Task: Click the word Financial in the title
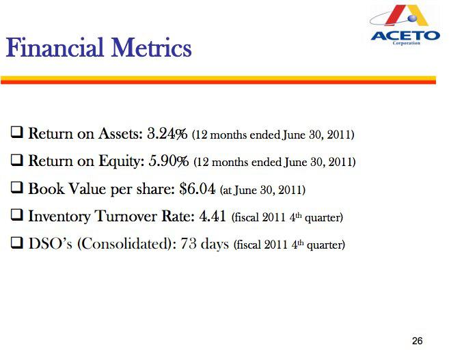click(x=55, y=48)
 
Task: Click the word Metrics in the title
click(x=152, y=48)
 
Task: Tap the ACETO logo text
click(x=405, y=36)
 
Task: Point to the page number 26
click(x=417, y=341)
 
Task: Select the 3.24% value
click(x=167, y=134)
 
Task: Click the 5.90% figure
click(x=169, y=161)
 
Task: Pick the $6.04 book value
click(x=198, y=189)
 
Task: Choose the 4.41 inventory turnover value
click(x=213, y=216)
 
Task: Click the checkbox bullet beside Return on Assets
click(x=17, y=133)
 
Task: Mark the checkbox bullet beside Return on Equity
click(x=17, y=161)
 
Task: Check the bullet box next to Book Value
click(x=17, y=188)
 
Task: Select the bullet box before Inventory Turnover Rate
click(x=17, y=215)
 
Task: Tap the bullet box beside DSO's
click(x=17, y=243)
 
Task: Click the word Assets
click(x=120, y=134)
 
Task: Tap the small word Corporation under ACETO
click(x=407, y=43)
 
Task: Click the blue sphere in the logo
click(x=412, y=18)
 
